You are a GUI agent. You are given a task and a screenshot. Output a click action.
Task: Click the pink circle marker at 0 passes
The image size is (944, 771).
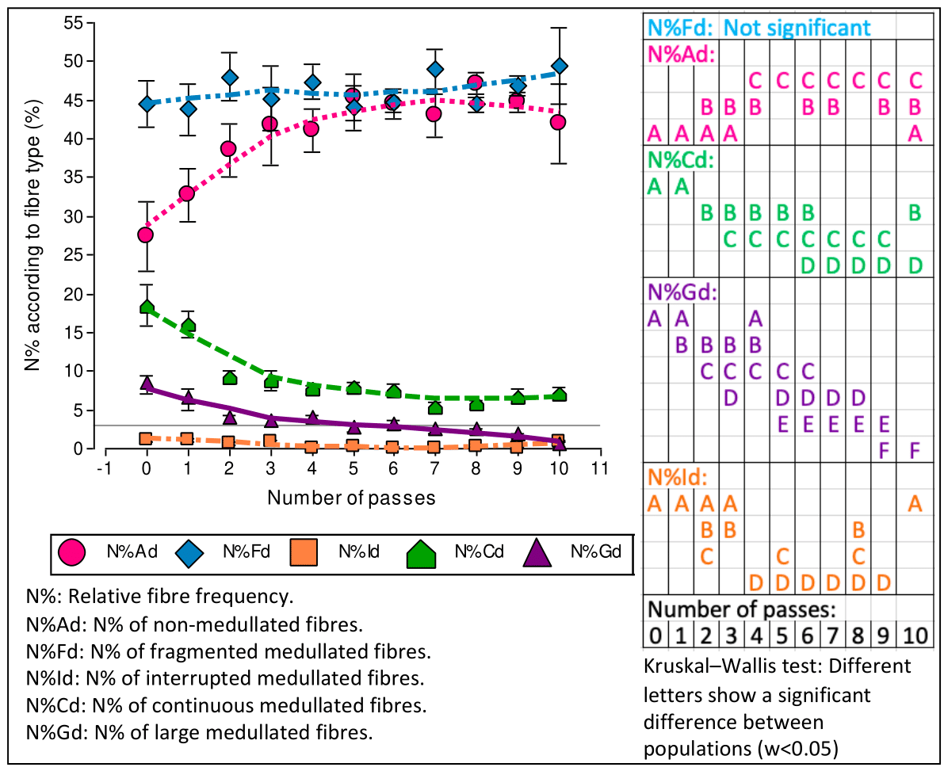coord(146,235)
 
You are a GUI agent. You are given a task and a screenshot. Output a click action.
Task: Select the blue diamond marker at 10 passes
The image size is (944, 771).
coord(560,66)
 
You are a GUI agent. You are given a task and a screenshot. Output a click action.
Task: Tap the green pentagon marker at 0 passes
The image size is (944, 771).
coord(146,307)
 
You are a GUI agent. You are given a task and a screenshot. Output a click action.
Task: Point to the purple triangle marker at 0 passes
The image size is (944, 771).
coord(146,384)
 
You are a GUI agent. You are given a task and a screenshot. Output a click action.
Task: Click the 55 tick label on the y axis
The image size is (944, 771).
coord(74,22)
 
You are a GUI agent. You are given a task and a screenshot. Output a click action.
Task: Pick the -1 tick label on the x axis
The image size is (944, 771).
coord(104,468)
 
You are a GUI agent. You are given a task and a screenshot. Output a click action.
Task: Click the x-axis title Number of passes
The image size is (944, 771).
coord(351,498)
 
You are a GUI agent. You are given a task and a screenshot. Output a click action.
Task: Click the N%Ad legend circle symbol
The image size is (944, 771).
coord(72,552)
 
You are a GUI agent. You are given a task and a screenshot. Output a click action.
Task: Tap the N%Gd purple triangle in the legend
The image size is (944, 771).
coord(538,552)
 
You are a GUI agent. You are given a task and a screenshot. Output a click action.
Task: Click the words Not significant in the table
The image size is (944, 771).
coord(797,28)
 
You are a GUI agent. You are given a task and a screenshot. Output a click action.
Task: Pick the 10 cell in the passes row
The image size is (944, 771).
coord(915,636)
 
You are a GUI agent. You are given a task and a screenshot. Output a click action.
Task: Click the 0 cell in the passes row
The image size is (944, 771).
coord(655,636)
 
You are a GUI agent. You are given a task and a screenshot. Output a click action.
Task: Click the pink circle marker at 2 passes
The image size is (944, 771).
coord(228,149)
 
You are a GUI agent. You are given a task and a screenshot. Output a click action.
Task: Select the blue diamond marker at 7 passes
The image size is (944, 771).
coord(435,70)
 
